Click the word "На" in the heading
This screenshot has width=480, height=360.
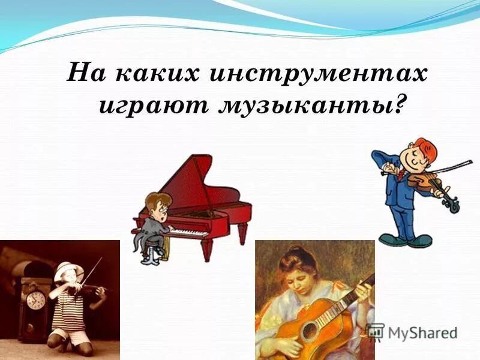[87, 75]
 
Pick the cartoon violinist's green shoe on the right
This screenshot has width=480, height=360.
[420, 241]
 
